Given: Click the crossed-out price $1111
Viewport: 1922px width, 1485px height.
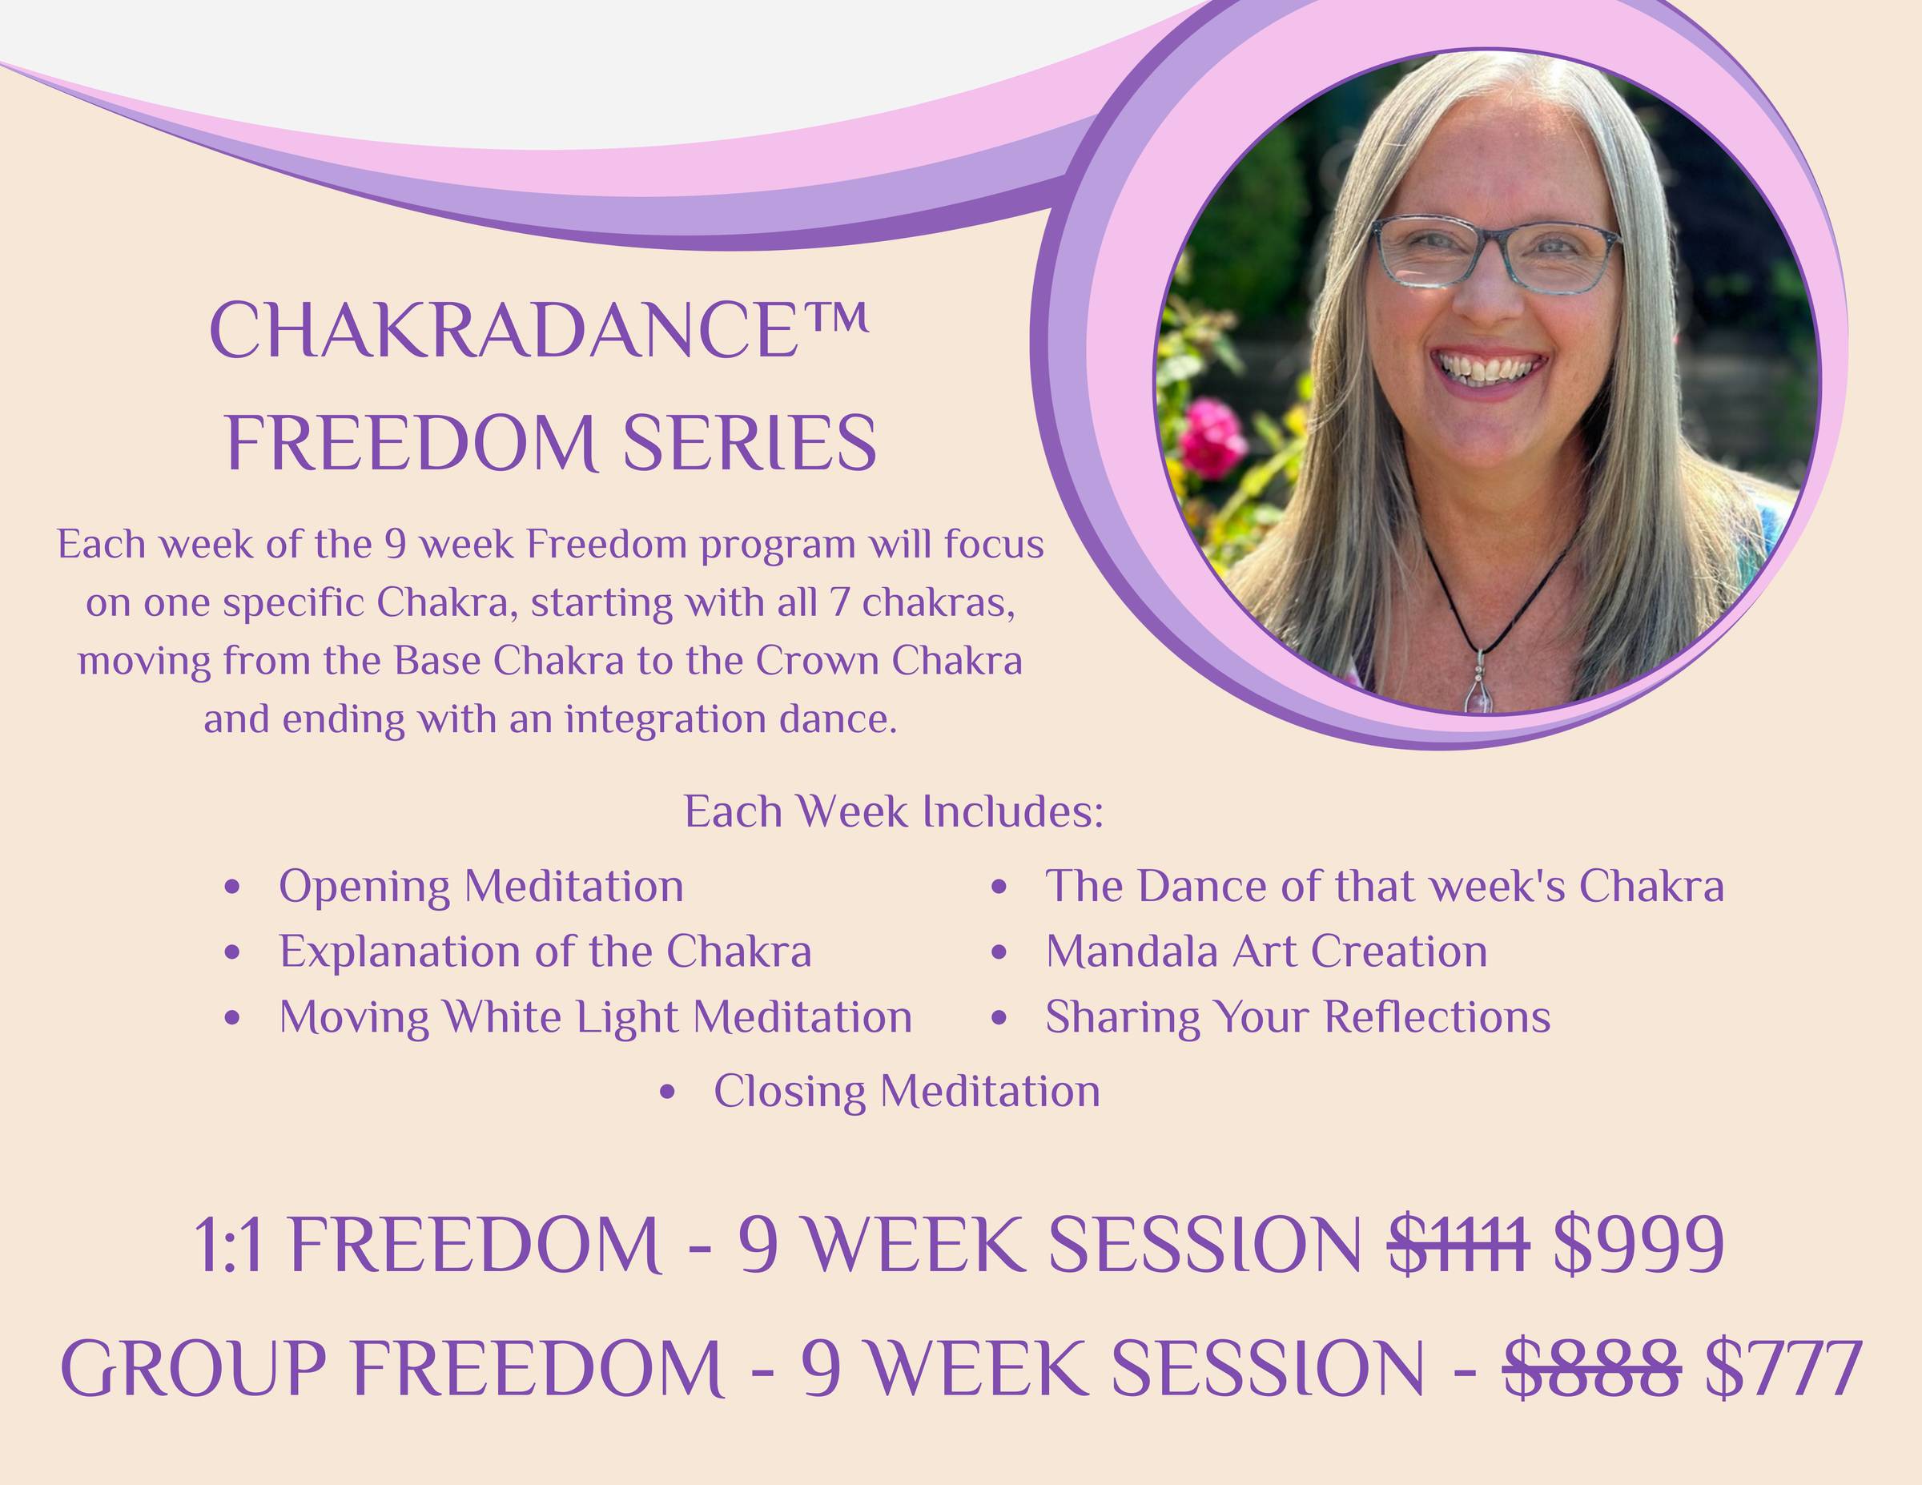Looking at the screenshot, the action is (x=1458, y=1245).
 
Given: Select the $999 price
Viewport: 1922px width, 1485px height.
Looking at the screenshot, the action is (x=1638, y=1245).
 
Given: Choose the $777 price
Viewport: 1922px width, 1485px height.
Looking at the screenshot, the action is (x=1783, y=1368).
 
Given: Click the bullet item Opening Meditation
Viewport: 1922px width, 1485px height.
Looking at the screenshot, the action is (x=480, y=886).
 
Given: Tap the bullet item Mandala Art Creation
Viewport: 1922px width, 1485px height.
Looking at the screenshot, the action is (x=1266, y=951).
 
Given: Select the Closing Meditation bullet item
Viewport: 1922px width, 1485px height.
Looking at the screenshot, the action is (x=907, y=1091).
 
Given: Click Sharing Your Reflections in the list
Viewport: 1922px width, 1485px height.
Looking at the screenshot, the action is (x=1298, y=1016).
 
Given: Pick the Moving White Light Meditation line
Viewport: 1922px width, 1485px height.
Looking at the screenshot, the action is (x=596, y=1016).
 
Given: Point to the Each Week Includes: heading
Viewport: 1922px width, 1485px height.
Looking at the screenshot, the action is (x=893, y=811).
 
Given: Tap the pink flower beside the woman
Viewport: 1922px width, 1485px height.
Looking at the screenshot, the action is (x=1212, y=437).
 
